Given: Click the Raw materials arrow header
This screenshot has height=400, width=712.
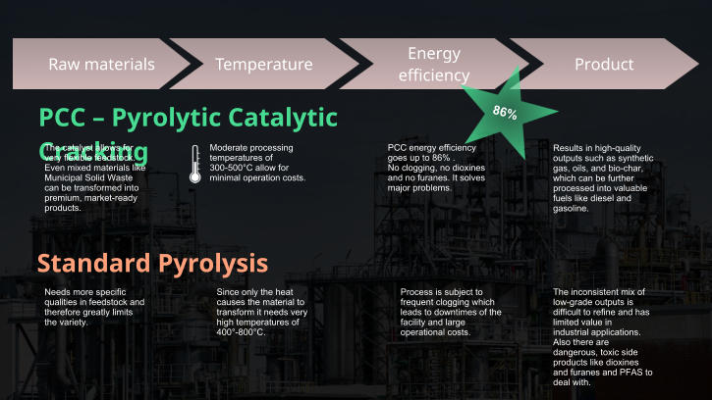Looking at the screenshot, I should pyautogui.click(x=102, y=65).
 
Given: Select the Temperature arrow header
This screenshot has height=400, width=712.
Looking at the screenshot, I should pyautogui.click(x=263, y=65).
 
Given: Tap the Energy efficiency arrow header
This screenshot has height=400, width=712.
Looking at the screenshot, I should pyautogui.click(x=433, y=64).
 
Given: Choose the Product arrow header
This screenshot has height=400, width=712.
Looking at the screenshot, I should pyautogui.click(x=603, y=65).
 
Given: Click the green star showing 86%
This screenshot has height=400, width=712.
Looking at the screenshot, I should pyautogui.click(x=505, y=112).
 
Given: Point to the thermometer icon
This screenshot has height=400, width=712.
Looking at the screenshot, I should pyautogui.click(x=195, y=165).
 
